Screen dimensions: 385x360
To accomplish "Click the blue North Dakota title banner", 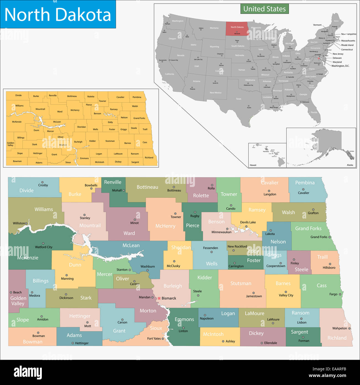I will pyautogui.click(x=58, y=14).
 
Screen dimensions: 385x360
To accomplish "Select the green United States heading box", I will pyautogui.click(x=264, y=9).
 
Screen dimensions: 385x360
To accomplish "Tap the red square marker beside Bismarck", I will pyautogui.click(x=159, y=298).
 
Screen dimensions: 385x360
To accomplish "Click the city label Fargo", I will pyautogui.click(x=333, y=294).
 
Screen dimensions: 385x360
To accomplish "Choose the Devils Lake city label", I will pyautogui.click(x=248, y=222).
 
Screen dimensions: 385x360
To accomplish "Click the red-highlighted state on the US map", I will pyautogui.click(x=237, y=28).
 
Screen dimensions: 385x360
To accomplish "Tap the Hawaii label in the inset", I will pyautogui.click(x=253, y=165).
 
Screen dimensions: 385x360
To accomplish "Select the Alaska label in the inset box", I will pyautogui.click(x=350, y=165).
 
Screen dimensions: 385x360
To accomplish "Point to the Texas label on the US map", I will pyautogui.click(x=238, y=99).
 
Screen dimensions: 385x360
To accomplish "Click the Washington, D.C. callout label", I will pyautogui.click(x=340, y=66).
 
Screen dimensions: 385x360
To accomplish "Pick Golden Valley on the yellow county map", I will pyautogui.click(x=11, y=144).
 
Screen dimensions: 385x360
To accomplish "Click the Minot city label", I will pyautogui.click(x=135, y=223).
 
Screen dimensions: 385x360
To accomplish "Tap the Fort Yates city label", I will pyautogui.click(x=154, y=338).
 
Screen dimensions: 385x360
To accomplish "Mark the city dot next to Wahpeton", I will pyautogui.click(x=349, y=328).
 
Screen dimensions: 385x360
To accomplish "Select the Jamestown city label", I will pyautogui.click(x=254, y=296).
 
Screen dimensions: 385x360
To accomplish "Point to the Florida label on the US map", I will pyautogui.click(x=314, y=112).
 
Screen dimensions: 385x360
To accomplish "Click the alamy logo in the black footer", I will pyautogui.click(x=28, y=373).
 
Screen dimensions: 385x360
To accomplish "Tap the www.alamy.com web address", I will pyautogui.click(x=327, y=376).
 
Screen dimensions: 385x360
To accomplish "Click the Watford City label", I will pyautogui.click(x=43, y=247).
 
